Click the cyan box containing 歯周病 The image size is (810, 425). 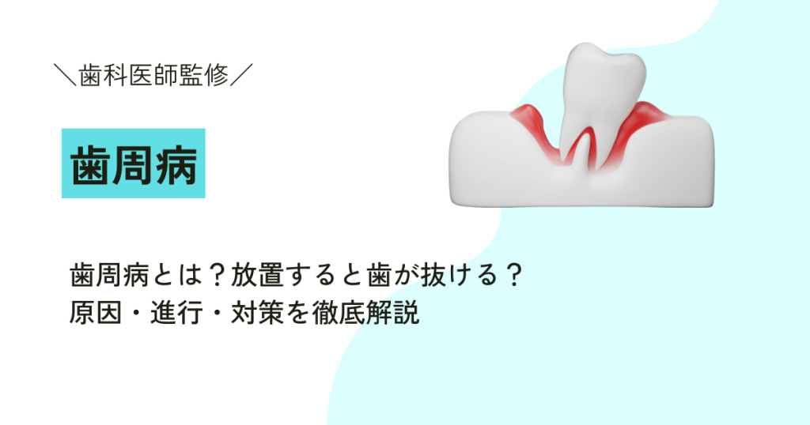(133, 163)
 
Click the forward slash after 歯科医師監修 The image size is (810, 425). (242, 76)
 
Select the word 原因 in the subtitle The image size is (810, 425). (94, 314)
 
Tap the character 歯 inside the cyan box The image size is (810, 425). (89, 164)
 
